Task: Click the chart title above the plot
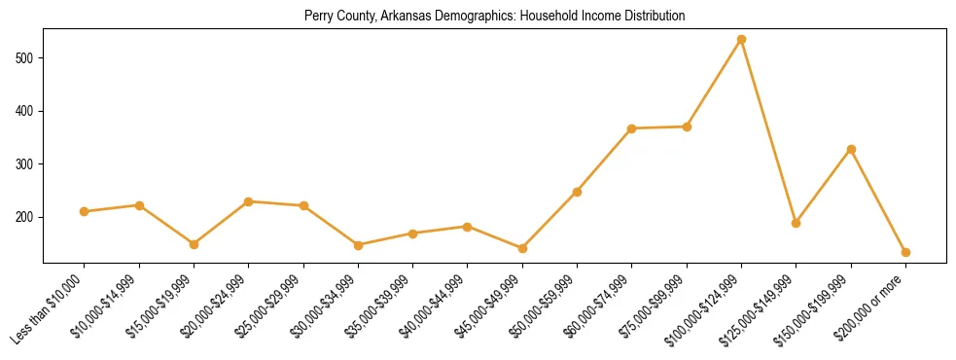494,16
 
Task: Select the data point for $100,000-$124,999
741,40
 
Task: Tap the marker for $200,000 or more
905,252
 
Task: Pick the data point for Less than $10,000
85,211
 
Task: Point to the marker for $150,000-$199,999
851,149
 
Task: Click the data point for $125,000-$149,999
796,223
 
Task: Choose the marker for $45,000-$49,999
522,248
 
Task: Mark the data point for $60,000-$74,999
632,128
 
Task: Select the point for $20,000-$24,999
249,201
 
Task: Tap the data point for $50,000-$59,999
577,192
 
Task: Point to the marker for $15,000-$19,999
194,244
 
